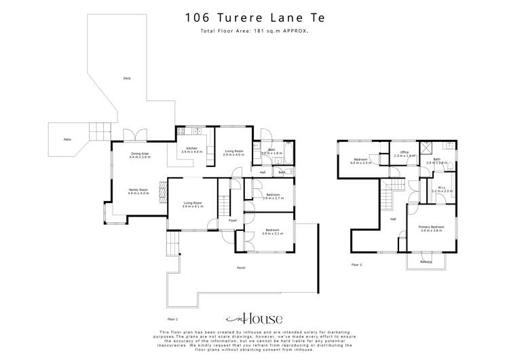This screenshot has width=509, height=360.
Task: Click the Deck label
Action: coord(127,78)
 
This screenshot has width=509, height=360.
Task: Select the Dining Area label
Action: coord(140,154)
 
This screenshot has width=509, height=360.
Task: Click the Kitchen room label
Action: coord(192,148)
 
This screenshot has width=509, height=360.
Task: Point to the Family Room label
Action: coord(138,190)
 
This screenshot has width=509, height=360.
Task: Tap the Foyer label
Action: coord(232,220)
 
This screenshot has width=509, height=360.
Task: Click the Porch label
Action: coord(241,268)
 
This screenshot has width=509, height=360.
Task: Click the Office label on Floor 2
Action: coord(404,152)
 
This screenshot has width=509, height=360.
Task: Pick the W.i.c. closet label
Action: coord(441,188)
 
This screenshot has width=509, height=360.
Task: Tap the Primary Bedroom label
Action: coord(432,226)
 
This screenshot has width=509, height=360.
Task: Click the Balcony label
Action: coord(426,262)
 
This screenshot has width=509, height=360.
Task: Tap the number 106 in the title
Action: coord(198,18)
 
